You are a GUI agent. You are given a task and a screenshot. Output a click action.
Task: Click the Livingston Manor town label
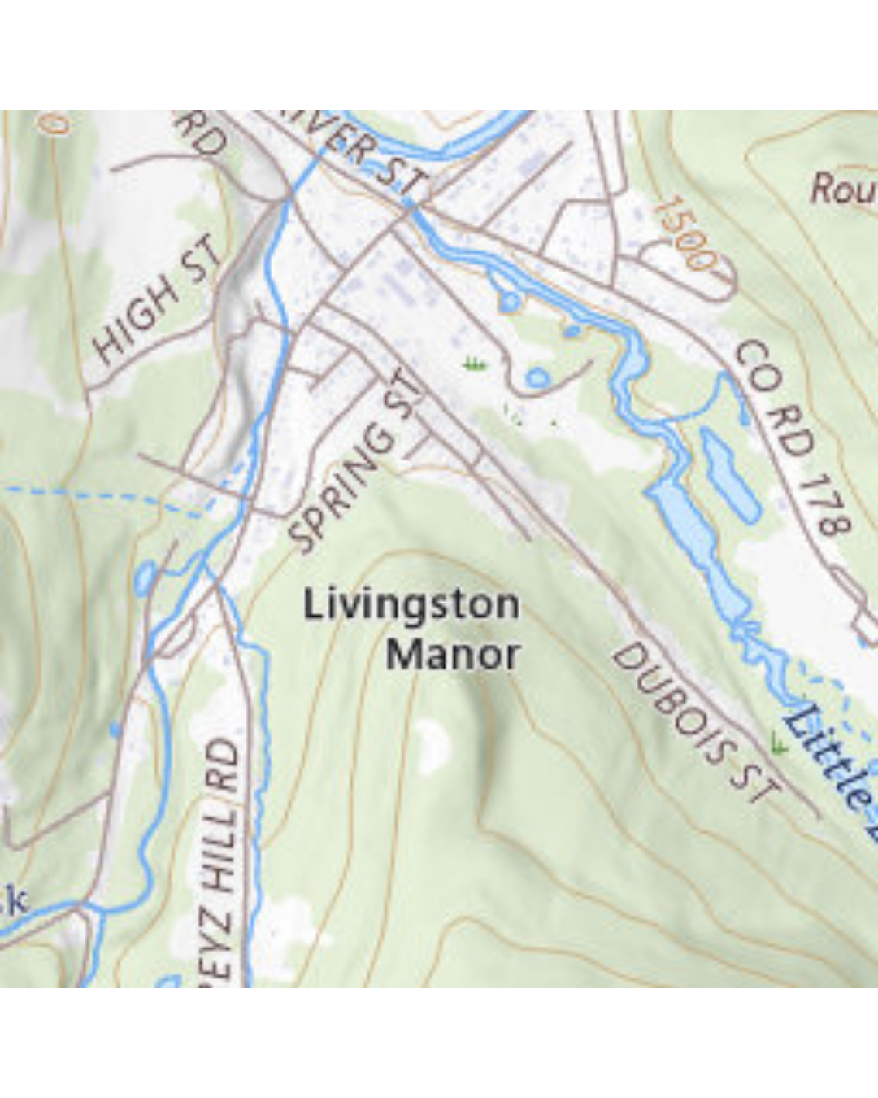point(412,630)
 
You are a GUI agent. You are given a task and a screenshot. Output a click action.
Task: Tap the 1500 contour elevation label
point(684,232)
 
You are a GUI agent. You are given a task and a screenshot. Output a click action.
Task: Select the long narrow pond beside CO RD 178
point(729,473)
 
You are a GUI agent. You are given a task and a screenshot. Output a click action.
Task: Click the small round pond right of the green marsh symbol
point(537,377)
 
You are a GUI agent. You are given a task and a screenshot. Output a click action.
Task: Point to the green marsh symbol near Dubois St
point(779,743)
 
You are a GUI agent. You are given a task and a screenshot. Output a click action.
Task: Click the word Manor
point(453,655)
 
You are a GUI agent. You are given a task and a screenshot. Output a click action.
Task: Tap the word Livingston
point(411,605)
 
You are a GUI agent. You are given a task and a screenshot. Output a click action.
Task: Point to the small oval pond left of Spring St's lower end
point(145,577)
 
